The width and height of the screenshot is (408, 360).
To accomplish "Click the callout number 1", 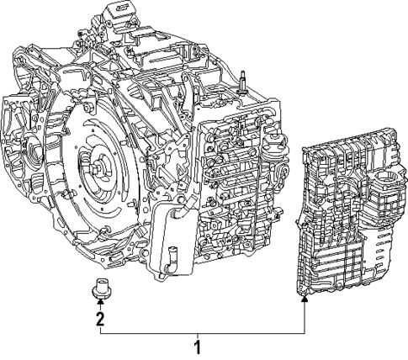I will (x=198, y=347).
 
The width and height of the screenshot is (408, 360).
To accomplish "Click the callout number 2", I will (x=100, y=319).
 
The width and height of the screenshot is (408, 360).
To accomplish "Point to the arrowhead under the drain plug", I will (x=100, y=304).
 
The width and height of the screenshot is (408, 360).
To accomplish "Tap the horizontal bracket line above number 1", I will (x=202, y=332).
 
